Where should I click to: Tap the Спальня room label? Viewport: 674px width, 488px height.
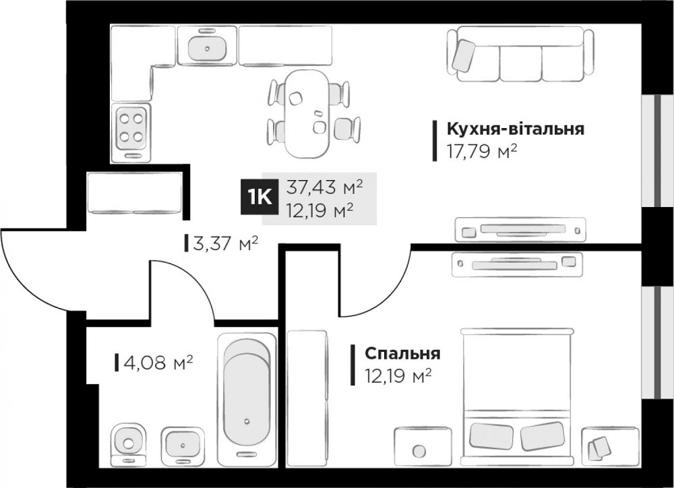(x=402, y=354)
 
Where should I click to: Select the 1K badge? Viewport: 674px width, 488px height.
(x=260, y=196)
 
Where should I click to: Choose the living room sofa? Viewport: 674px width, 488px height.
(x=520, y=54)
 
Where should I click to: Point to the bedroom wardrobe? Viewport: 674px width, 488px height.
(x=307, y=398)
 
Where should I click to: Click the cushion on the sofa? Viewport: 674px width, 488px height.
(x=464, y=54)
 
